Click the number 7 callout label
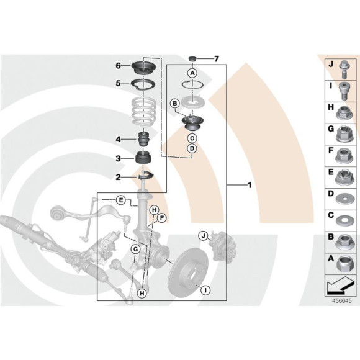click(x=217, y=59)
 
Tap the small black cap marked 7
click(x=192, y=59)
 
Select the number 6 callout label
click(x=117, y=66)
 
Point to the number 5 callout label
click(x=117, y=83)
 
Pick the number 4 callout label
click(x=117, y=138)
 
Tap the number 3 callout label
click(x=117, y=160)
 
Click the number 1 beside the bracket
click(x=249, y=185)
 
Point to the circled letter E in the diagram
click(x=122, y=199)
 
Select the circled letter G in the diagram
click(x=135, y=249)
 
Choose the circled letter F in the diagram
click(x=161, y=218)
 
